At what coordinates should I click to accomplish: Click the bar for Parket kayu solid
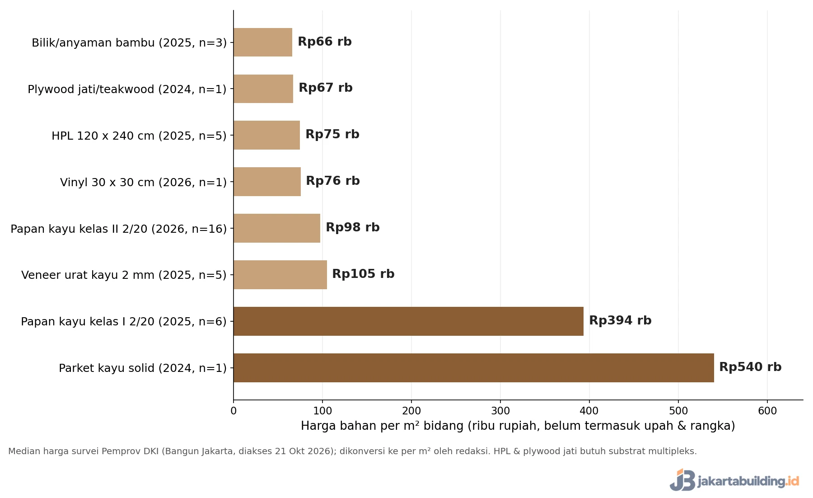click(x=474, y=368)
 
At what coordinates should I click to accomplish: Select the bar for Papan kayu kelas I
click(x=409, y=321)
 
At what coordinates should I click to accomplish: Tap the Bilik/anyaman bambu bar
click(x=263, y=42)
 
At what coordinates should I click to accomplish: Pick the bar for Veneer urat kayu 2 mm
click(x=280, y=275)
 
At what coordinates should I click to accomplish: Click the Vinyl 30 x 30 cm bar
click(x=267, y=182)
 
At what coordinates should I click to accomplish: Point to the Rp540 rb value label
click(x=750, y=367)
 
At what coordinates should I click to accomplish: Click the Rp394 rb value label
click(x=620, y=320)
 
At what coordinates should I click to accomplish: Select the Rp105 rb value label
click(x=363, y=274)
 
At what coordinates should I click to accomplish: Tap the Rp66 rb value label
click(x=325, y=42)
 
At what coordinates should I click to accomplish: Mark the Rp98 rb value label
click(x=353, y=227)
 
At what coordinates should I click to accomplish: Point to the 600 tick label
click(x=767, y=411)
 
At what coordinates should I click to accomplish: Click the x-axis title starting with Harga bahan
click(x=518, y=426)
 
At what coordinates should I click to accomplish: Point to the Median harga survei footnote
click(x=352, y=451)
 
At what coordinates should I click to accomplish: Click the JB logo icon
click(x=682, y=480)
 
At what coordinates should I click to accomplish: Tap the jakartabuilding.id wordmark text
click(x=748, y=481)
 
